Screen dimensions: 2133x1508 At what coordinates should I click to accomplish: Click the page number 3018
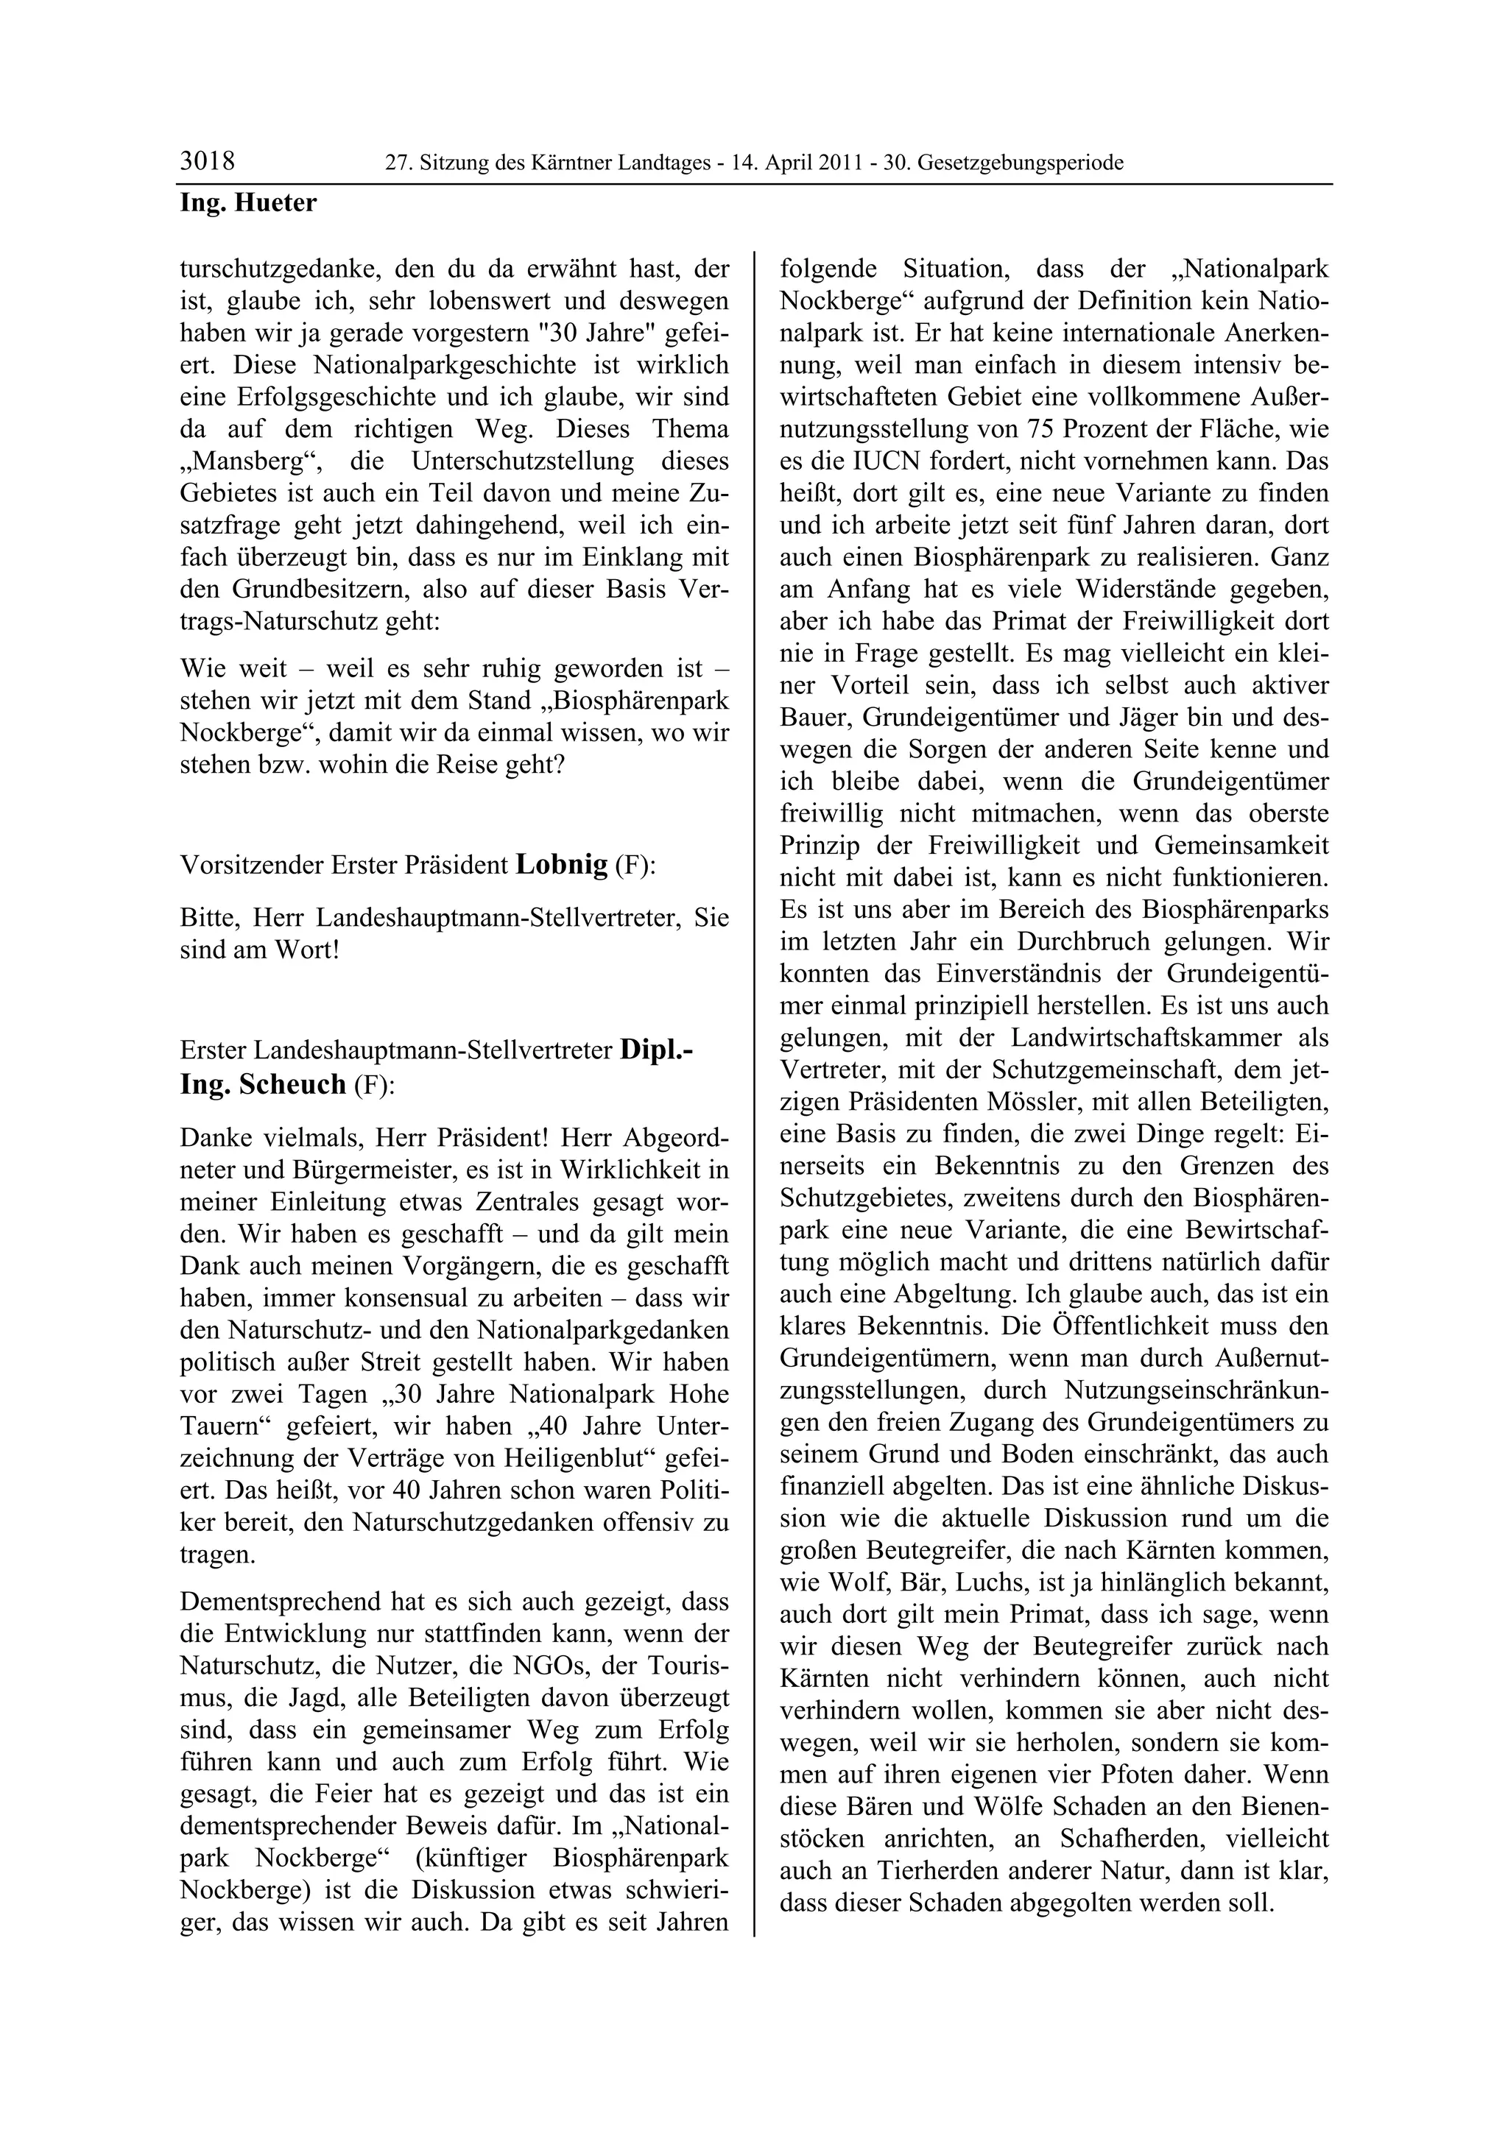coord(207,162)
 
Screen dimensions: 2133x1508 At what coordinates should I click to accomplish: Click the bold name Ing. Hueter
coord(247,202)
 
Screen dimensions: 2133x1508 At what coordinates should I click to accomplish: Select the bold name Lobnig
coord(561,864)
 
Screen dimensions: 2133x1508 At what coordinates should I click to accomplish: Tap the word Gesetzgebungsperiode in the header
coord(1021,163)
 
